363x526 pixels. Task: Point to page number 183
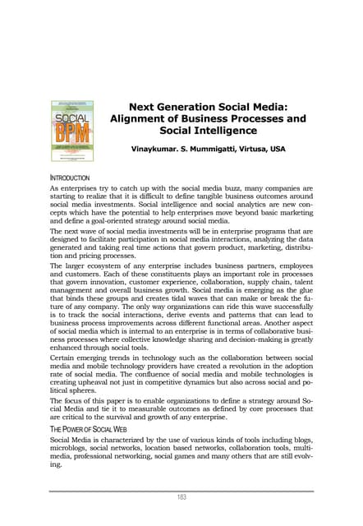[x=181, y=496]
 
